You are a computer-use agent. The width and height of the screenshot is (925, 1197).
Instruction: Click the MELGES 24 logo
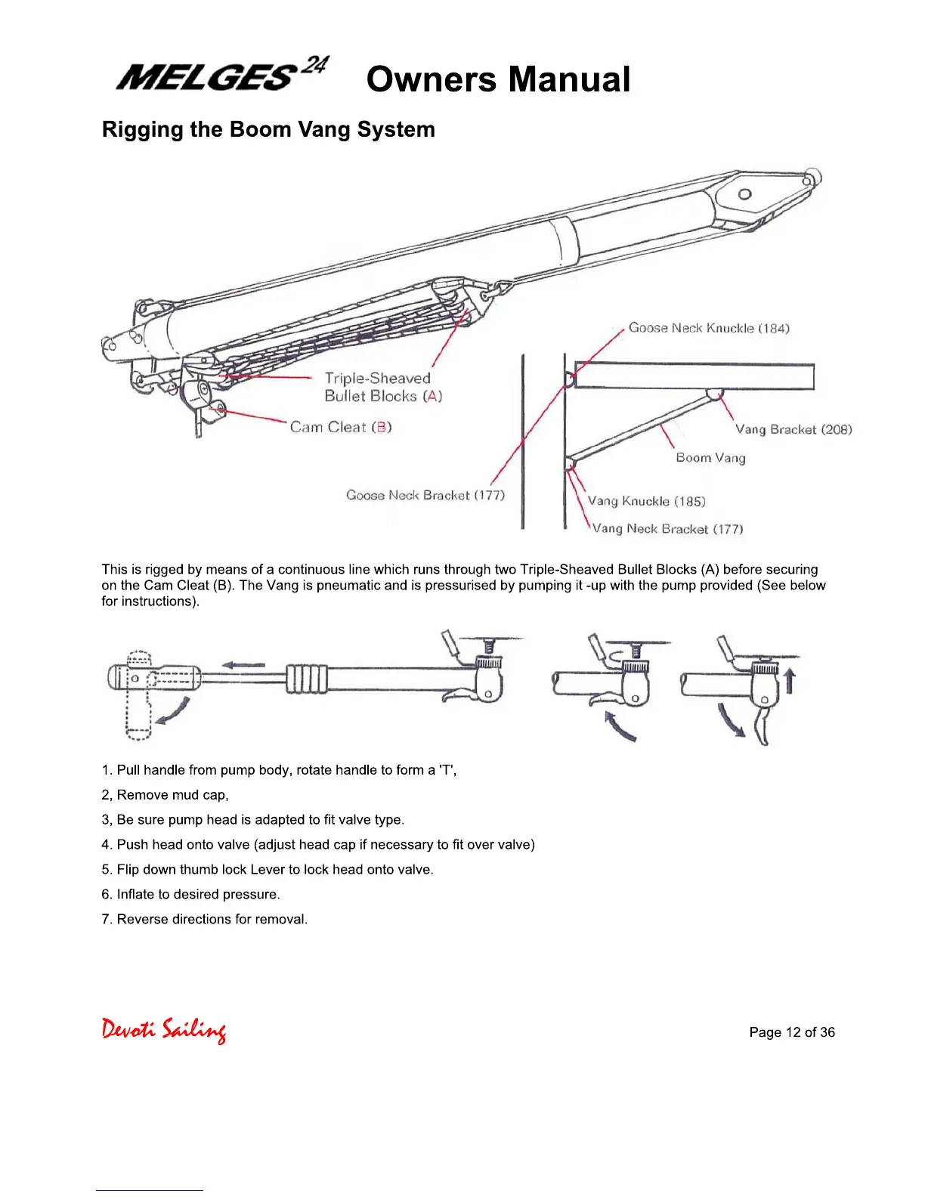pos(221,75)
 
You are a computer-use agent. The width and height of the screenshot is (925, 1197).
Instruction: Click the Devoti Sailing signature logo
pos(164,1030)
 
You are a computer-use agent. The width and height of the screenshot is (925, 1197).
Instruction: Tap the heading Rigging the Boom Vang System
pos(268,129)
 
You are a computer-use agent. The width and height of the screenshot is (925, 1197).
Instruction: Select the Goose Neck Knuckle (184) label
pos(709,328)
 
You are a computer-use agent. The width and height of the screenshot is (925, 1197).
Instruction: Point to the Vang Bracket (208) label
pos(794,429)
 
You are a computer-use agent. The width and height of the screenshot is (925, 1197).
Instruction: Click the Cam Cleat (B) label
pos(341,427)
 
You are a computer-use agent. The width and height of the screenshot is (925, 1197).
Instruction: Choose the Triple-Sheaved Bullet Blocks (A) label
pos(383,387)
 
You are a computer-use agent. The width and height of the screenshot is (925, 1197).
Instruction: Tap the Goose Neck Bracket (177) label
pos(425,495)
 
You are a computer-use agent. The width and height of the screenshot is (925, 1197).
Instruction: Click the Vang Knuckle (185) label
pos(646,501)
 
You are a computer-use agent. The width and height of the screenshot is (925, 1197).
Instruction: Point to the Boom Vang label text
pos(710,458)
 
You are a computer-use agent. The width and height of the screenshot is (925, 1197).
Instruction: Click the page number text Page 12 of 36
pos(792,1032)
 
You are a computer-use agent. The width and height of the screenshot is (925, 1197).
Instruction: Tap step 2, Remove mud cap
pos(165,795)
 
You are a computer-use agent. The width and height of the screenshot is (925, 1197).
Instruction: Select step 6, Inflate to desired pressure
pos(190,895)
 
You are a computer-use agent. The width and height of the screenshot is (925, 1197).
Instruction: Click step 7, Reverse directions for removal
pos(204,920)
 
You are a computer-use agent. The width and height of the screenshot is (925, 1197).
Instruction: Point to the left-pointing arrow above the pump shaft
pos(243,665)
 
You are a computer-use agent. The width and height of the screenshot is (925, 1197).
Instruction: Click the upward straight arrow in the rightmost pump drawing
pos(790,679)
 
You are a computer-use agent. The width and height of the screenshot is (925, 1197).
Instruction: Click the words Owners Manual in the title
pos(498,79)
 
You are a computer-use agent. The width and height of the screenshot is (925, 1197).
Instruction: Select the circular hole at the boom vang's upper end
pos(744,193)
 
